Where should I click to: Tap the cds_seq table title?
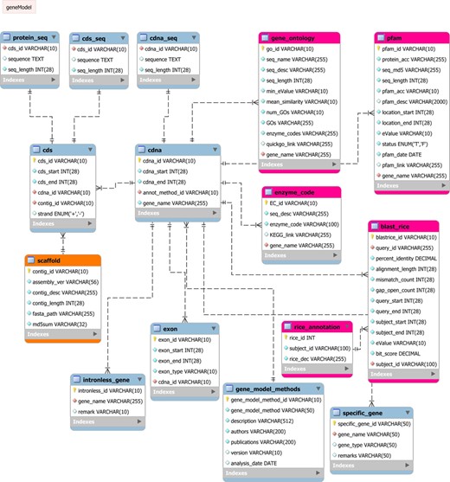[97, 38]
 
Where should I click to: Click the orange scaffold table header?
[50, 259]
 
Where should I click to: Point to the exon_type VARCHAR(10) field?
[186, 371]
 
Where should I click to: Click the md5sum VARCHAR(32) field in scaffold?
[66, 324]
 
